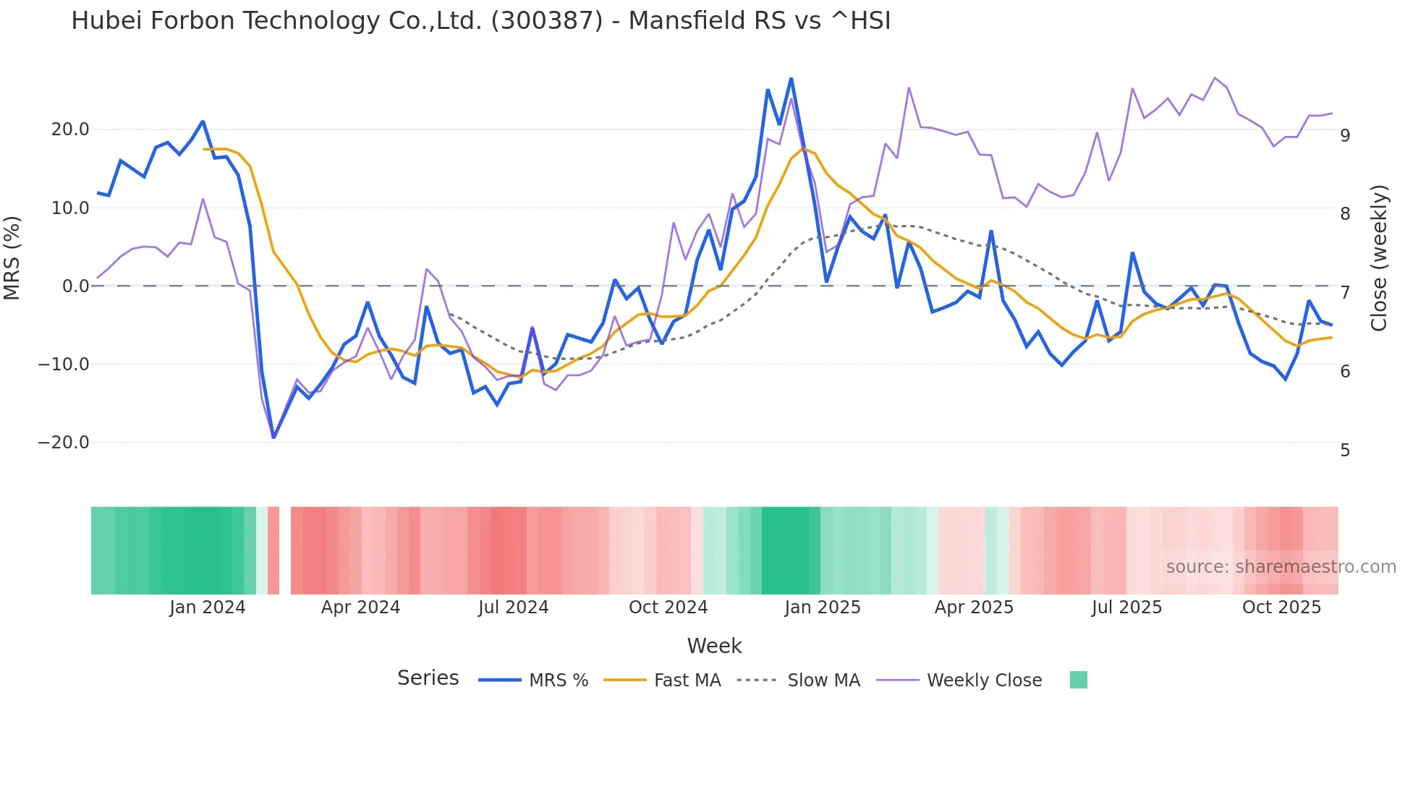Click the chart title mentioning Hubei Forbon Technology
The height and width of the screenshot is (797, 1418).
[x=480, y=21]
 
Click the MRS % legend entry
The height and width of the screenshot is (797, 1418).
[x=558, y=681]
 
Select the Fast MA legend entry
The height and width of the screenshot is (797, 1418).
[x=687, y=681]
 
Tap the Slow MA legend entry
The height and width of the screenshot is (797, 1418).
[x=823, y=681]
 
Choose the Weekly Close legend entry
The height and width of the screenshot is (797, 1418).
[x=984, y=681]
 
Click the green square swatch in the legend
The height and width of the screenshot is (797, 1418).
[x=1078, y=680]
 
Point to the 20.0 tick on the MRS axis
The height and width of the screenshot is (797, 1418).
[x=70, y=129]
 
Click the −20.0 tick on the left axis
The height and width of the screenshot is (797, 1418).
[x=64, y=443]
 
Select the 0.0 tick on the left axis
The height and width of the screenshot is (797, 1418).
[x=75, y=286]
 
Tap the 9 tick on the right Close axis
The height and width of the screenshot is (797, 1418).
[x=1345, y=136]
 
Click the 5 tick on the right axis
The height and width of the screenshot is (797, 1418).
[x=1345, y=451]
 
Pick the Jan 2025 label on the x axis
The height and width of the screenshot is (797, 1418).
[x=823, y=608]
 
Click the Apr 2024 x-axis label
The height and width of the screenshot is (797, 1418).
[x=360, y=608]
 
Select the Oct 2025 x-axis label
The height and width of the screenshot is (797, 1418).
[x=1281, y=608]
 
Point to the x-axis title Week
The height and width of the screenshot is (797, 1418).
[x=714, y=646]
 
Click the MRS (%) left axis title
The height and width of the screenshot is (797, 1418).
[x=12, y=258]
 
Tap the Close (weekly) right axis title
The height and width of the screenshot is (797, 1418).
[x=1379, y=258]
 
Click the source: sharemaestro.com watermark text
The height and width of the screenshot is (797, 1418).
[x=1281, y=567]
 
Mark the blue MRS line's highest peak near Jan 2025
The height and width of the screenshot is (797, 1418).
[x=791, y=79]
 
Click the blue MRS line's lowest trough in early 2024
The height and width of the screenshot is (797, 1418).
[x=273, y=437]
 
